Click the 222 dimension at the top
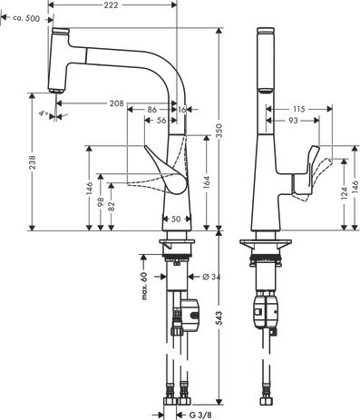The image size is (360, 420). [112, 5]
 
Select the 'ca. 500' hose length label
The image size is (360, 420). [26, 19]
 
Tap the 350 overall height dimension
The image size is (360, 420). [219, 131]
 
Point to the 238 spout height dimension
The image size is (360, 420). [33, 162]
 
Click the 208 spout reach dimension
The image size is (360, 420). [117, 103]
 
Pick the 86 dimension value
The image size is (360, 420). [152, 110]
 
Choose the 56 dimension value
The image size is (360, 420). [161, 121]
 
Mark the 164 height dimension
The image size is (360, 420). [207, 182]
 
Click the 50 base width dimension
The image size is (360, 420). [176, 219]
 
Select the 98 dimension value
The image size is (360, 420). [101, 201]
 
